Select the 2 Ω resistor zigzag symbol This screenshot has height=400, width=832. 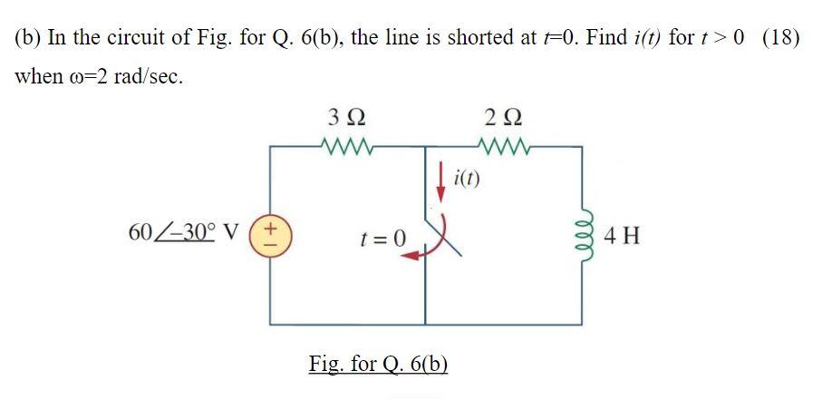500,144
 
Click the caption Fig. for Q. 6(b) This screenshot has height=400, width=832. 378,364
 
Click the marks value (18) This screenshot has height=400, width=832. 781,39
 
